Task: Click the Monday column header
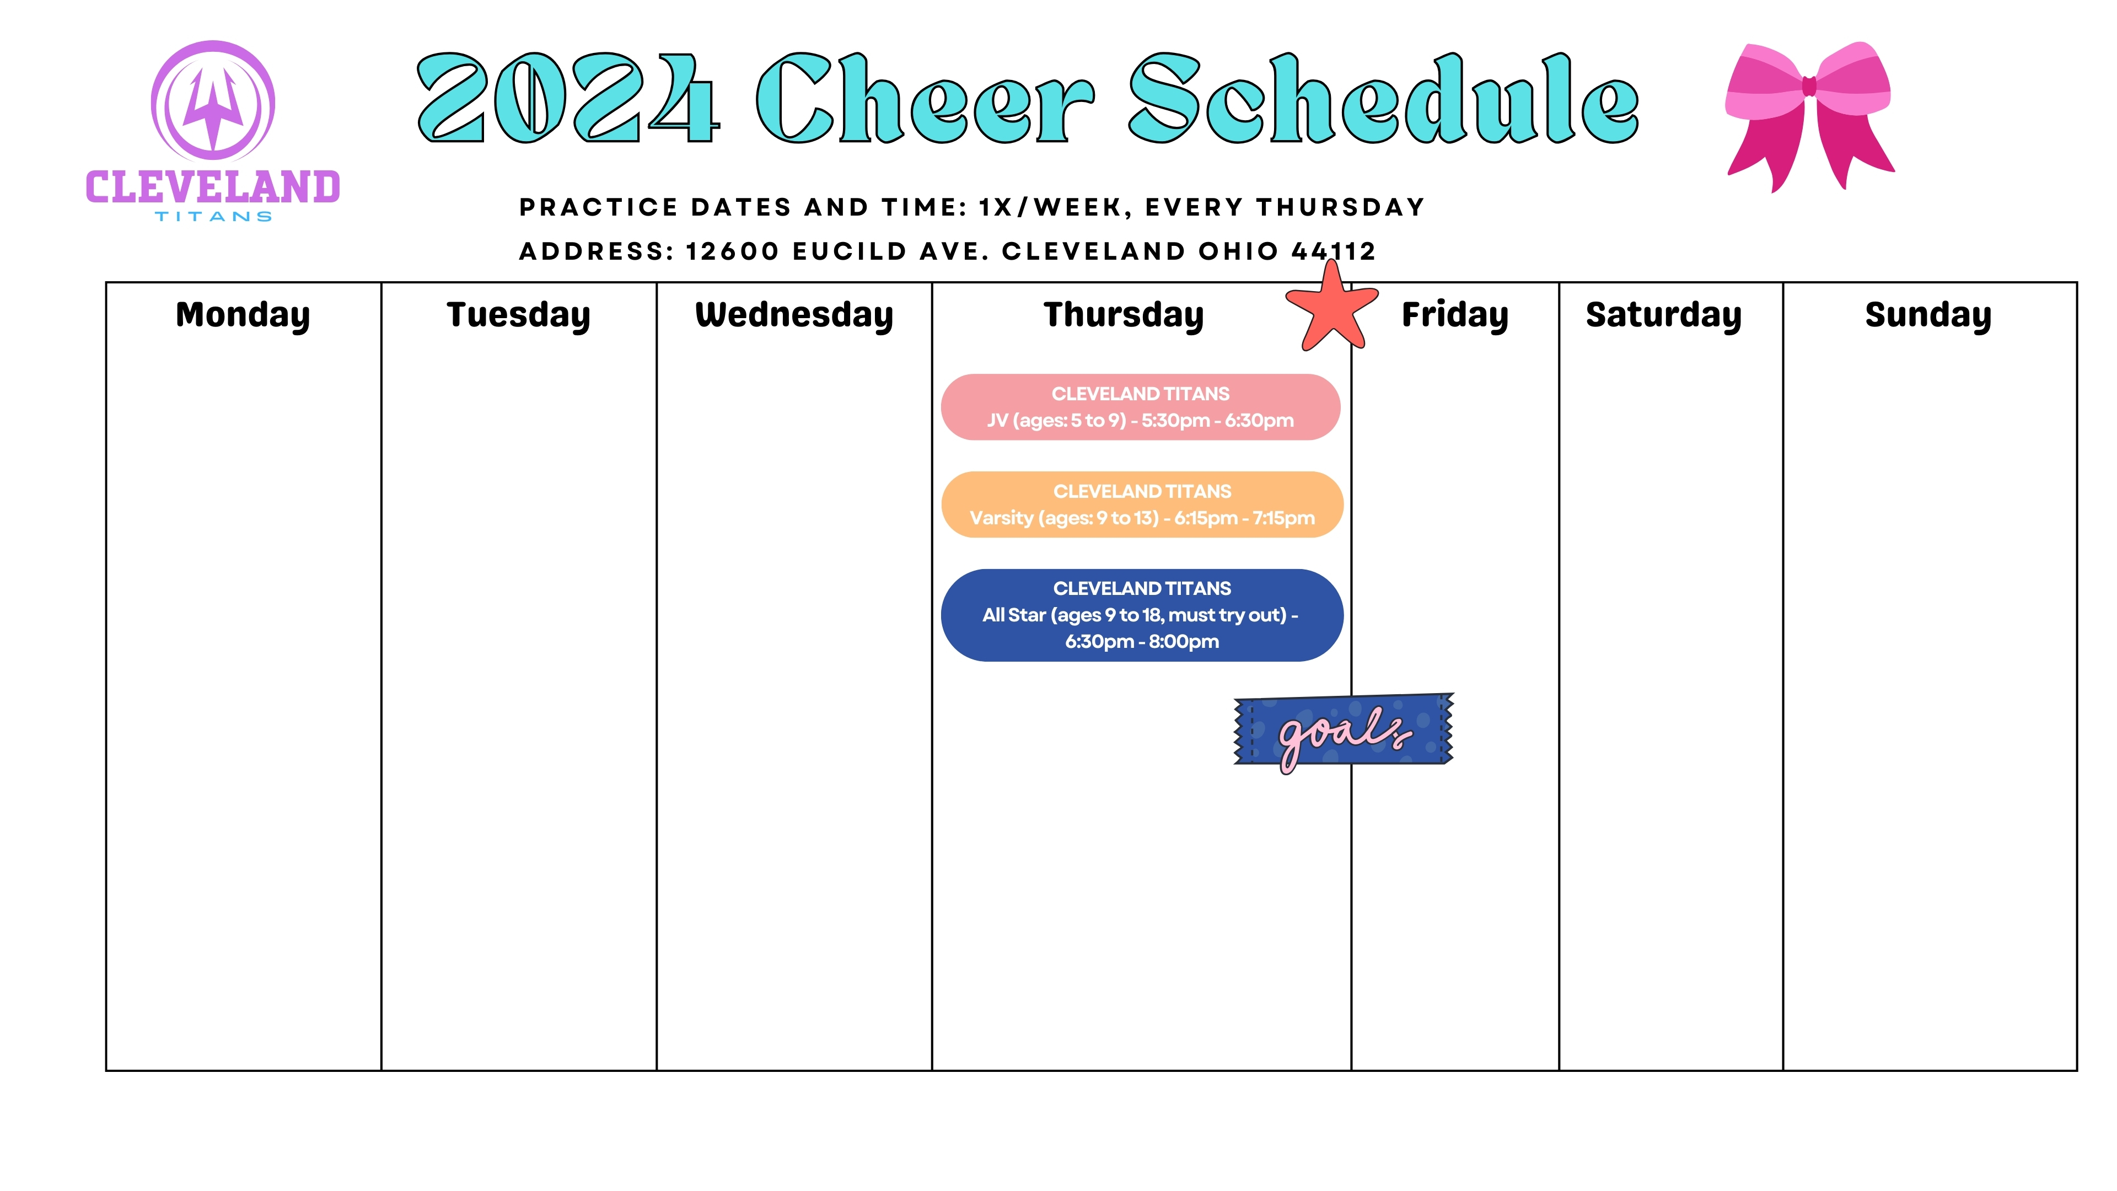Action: point(243,315)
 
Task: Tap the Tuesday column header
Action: point(519,315)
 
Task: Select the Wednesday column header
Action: point(794,315)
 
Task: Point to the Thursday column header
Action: point(1124,315)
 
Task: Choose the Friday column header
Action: point(1455,315)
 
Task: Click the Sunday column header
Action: point(1928,315)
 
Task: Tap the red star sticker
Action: point(1331,308)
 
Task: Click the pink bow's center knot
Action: point(1809,87)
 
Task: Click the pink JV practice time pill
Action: point(1141,407)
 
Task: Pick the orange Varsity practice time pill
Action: point(1142,505)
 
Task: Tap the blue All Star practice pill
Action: point(1142,615)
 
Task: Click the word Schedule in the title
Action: point(1384,99)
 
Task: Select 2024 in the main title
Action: point(569,99)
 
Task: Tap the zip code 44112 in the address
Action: point(1333,251)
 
